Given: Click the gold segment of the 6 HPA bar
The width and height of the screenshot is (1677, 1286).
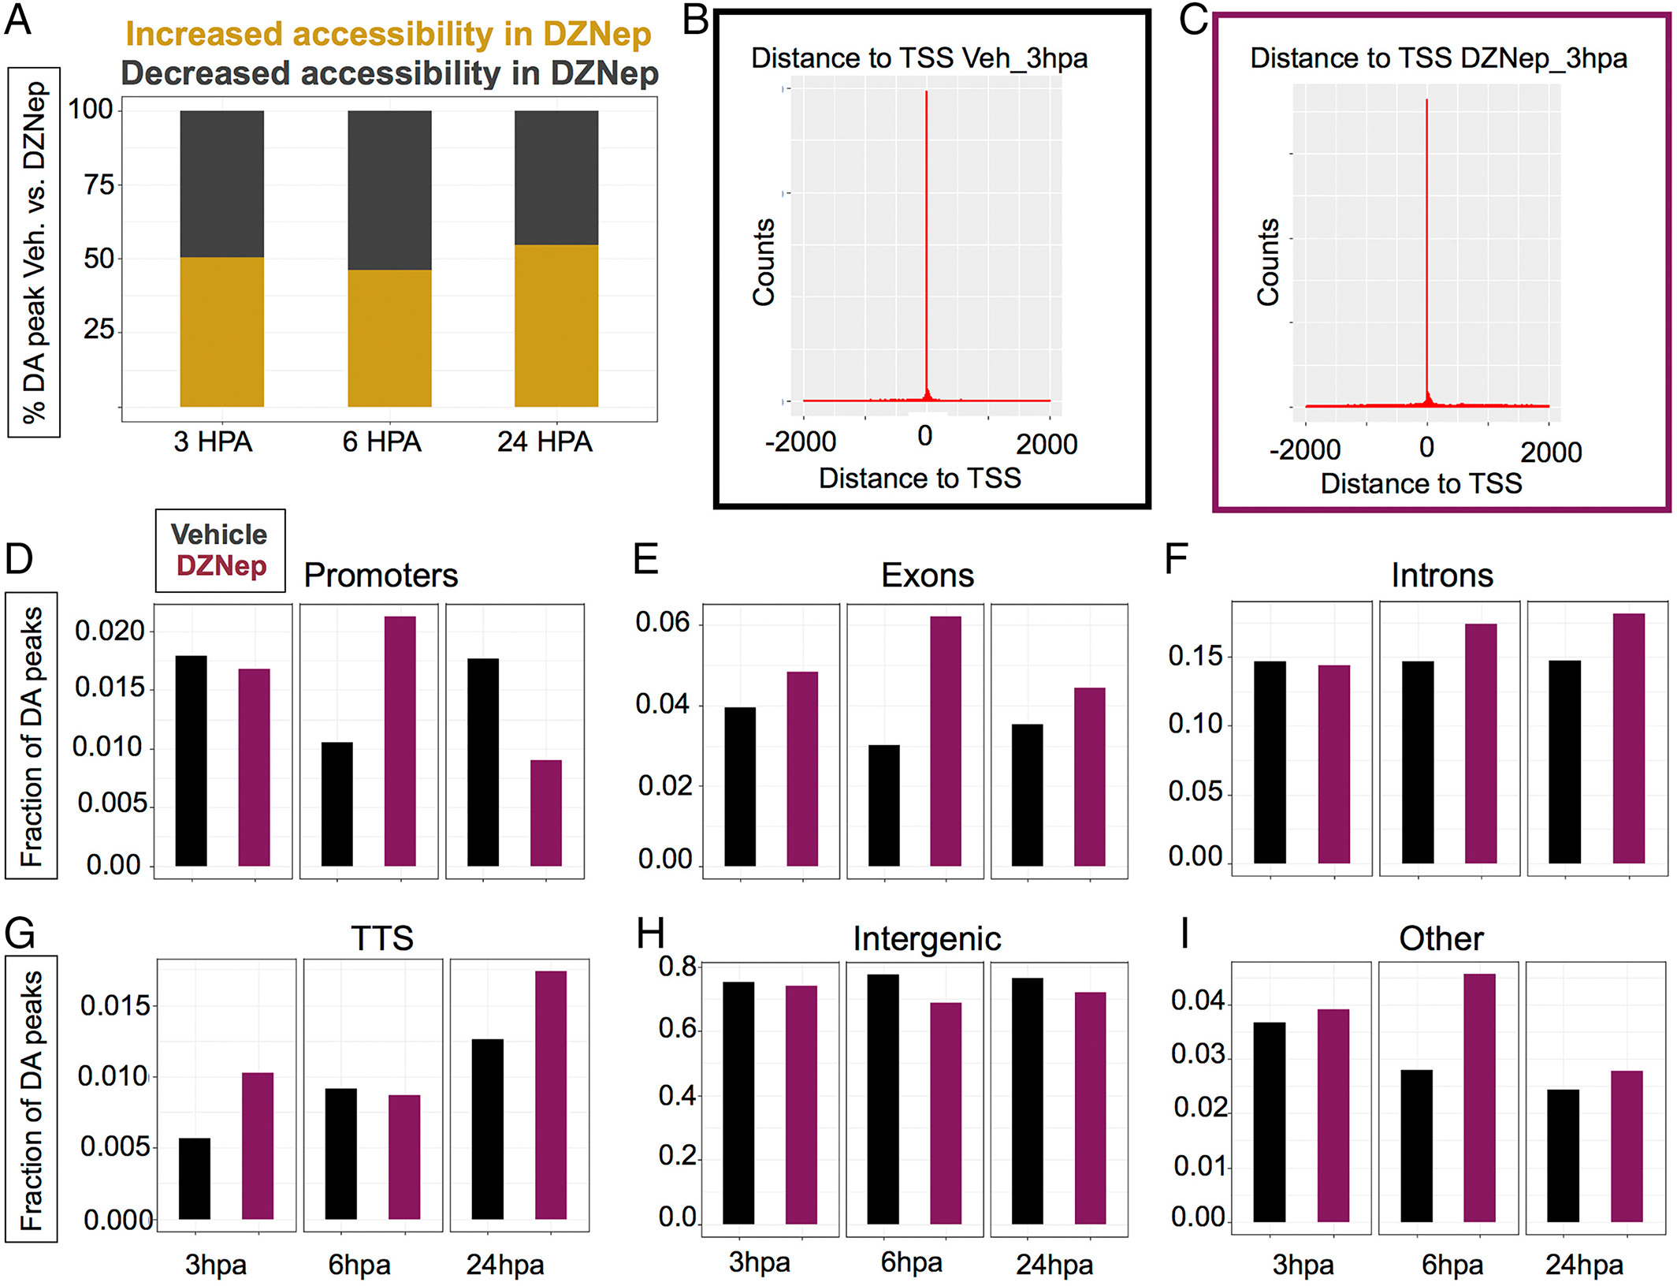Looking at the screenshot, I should coord(389,338).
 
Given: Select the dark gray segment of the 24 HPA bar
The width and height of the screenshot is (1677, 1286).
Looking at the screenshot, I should coord(556,177).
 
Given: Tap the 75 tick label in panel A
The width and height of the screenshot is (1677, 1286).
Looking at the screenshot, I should coord(99,185).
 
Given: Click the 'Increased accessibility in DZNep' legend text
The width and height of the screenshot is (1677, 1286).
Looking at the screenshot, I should coord(389,35).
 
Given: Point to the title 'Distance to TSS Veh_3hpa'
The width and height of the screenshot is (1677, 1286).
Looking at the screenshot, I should coord(919,58).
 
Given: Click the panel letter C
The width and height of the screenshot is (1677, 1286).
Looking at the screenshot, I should coord(1193,21).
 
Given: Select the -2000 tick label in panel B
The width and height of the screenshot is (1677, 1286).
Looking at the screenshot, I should coord(801,442).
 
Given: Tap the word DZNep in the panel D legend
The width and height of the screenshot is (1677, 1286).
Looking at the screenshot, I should coord(221,566).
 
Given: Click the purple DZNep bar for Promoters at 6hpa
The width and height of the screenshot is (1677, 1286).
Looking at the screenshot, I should coord(400,741).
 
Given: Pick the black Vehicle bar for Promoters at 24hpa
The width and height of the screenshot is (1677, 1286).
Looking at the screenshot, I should coord(483,762).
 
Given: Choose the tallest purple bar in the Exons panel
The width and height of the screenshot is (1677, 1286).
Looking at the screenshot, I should coord(946,741).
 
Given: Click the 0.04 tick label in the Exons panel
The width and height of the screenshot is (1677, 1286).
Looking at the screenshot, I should coord(663,704).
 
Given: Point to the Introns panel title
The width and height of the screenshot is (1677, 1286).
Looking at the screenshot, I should coord(1441,576).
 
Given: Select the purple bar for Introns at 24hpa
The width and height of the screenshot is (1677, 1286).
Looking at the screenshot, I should coord(1629,738).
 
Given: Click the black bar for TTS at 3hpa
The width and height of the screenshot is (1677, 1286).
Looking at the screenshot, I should coord(195,1179).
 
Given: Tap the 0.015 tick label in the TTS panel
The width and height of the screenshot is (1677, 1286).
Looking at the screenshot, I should coord(115,1006).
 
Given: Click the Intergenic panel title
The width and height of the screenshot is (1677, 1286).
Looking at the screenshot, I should coord(927,939).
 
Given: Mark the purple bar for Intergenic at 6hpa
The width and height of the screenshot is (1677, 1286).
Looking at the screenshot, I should coord(946,1113).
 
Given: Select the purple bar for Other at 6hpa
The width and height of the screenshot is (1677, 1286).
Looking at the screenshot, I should coord(1479,1098).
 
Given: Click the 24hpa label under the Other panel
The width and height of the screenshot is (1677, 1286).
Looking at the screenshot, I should coord(1584,1265).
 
